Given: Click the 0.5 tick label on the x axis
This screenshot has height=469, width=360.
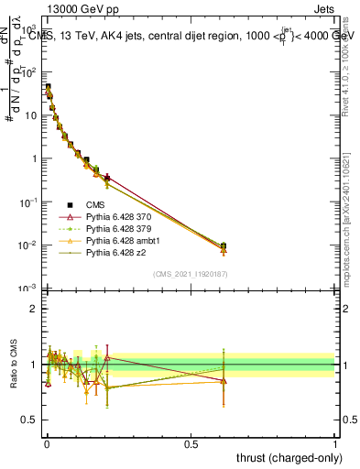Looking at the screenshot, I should point(191,443).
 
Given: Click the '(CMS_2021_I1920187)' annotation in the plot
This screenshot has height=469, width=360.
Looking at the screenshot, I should point(191,273).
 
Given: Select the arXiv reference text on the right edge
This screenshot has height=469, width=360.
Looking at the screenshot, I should point(350,229).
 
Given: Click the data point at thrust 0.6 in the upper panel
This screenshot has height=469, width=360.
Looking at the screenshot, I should point(224,245).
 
